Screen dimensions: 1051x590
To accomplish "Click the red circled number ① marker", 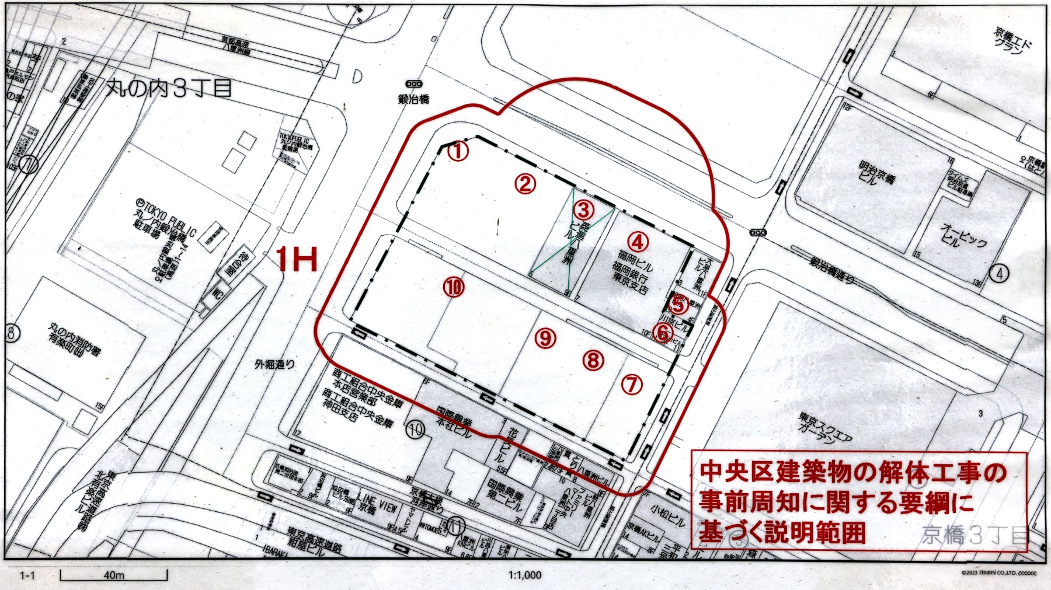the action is (x=458, y=152).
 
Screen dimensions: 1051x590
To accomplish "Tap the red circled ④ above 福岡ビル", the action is (x=638, y=240).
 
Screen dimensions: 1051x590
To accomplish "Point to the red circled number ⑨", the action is (x=545, y=337).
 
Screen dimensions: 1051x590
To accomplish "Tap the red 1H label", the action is (x=297, y=259).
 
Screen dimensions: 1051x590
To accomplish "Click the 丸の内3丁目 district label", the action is (x=169, y=88).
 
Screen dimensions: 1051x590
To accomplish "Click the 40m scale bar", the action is (x=114, y=575).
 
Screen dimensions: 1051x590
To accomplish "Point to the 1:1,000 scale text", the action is (x=525, y=575).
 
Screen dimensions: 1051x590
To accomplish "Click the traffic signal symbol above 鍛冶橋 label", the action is (x=414, y=82).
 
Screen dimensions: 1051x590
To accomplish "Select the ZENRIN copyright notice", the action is (x=998, y=574).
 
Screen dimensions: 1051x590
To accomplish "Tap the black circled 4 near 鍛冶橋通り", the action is (x=1000, y=273).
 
